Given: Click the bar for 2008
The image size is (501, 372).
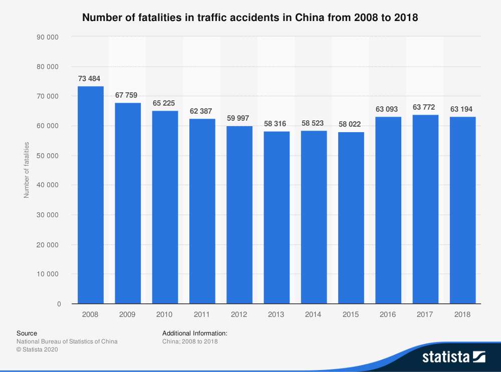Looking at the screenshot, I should pyautogui.click(x=91, y=195).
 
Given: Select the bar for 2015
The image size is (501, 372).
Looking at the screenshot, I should pyautogui.click(x=351, y=218).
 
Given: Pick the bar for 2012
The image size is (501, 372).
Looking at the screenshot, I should pyautogui.click(x=239, y=215).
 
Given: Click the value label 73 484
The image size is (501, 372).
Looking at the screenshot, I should pyautogui.click(x=91, y=79).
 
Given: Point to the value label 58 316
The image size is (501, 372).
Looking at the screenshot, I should pyautogui.click(x=277, y=124).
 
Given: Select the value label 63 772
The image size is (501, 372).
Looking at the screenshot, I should pyautogui.click(x=425, y=107).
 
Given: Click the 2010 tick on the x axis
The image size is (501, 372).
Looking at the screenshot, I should pyautogui.click(x=165, y=314).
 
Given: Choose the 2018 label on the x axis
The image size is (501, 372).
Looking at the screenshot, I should pyautogui.click(x=462, y=314).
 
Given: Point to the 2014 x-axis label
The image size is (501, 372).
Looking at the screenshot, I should pyautogui.click(x=314, y=314).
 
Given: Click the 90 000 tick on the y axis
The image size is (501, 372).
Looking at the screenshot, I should pyautogui.click(x=49, y=37).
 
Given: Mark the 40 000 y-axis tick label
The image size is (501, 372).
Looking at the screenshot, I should pyautogui.click(x=49, y=185).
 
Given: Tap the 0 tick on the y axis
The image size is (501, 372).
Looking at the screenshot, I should pyautogui.click(x=59, y=304).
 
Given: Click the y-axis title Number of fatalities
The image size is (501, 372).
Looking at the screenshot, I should pyautogui.click(x=27, y=170).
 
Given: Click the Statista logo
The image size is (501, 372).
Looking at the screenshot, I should pyautogui.click(x=453, y=356).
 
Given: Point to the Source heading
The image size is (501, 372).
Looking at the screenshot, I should pyautogui.click(x=27, y=333).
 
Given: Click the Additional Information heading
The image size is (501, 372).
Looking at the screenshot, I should pyautogui.click(x=195, y=333).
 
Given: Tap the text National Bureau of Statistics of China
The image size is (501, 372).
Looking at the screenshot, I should pyautogui.click(x=67, y=341).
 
